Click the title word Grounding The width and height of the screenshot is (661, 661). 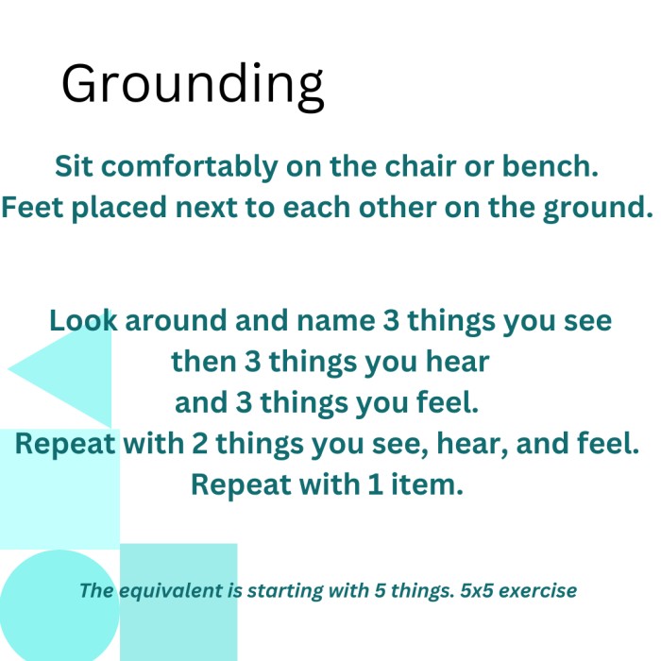point(193,86)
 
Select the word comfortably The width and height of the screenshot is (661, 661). point(189,167)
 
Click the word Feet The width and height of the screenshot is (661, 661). point(32,207)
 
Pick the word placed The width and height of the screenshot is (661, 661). point(119,209)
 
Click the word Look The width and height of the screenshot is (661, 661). point(83,320)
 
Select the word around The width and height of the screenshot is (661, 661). point(176,320)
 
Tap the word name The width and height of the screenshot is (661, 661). point(335,321)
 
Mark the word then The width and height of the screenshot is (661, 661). point(204,362)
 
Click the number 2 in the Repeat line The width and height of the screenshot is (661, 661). point(200,444)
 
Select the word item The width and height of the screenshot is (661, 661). point(428,483)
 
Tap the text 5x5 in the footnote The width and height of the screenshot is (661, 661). point(476,590)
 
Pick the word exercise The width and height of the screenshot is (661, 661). point(538,590)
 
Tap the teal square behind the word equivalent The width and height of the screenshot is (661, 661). point(178,602)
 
